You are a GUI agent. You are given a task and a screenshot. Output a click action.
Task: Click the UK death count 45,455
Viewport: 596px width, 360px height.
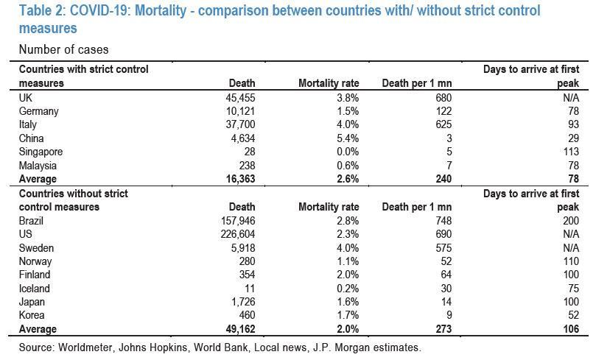coord(239,97)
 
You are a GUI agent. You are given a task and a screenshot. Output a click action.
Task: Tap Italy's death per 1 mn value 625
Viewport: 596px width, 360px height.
coord(442,124)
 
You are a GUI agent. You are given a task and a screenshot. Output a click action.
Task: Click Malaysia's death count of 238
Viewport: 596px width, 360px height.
coord(245,166)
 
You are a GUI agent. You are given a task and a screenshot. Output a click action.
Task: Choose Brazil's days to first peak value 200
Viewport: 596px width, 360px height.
coord(569,220)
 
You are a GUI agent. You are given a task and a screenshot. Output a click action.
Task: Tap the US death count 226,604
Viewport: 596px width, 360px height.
coord(236,234)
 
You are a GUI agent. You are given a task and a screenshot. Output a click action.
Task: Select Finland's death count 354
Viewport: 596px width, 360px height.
coord(245,275)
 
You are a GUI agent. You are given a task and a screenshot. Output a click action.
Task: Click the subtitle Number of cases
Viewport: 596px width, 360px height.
coord(64,49)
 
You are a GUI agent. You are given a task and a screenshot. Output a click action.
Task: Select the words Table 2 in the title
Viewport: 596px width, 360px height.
coord(43,11)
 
